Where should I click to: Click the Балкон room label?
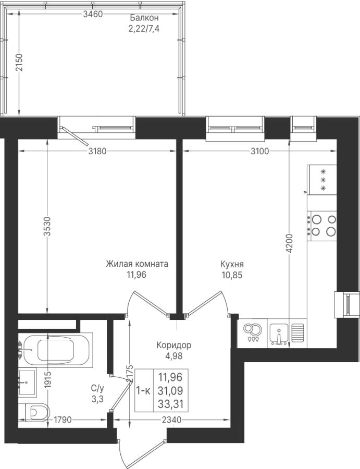point(143,18)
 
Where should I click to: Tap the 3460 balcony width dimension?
point(93,14)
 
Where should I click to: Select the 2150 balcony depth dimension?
point(19,63)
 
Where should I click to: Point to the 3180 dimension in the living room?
point(97,151)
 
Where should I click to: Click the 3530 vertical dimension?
point(47,226)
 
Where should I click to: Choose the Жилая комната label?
point(137,264)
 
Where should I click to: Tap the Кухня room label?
point(232,264)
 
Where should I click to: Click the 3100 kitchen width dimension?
point(260,151)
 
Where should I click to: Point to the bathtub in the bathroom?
point(56,348)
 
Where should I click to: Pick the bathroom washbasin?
point(27,382)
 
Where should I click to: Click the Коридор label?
point(174,345)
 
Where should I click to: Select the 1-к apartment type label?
point(144,391)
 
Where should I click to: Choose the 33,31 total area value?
point(170,404)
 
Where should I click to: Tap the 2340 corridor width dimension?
point(171,420)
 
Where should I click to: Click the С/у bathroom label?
point(98,388)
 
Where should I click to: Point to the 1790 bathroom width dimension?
point(63,420)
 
